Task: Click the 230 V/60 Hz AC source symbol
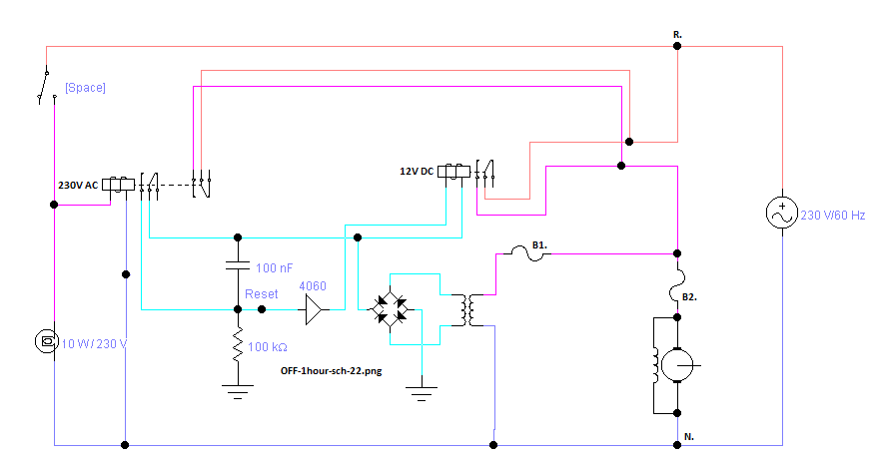click(782, 213)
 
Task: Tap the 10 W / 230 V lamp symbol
click(47, 341)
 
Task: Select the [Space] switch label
click(85, 87)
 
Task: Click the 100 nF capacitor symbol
click(238, 264)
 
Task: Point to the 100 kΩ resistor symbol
click(238, 345)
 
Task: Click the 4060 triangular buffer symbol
click(314, 309)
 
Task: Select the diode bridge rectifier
click(390, 309)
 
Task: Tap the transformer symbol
click(467, 310)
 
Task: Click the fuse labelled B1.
click(527, 253)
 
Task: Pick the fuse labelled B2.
click(677, 286)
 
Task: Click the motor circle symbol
click(677, 365)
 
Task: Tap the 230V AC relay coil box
click(118, 184)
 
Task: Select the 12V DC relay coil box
click(453, 171)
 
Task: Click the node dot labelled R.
click(677, 46)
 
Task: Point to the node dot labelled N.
click(677, 445)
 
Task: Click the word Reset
click(261, 294)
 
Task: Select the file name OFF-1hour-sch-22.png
click(332, 371)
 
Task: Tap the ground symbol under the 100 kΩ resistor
click(238, 391)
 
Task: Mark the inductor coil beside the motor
click(657, 365)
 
